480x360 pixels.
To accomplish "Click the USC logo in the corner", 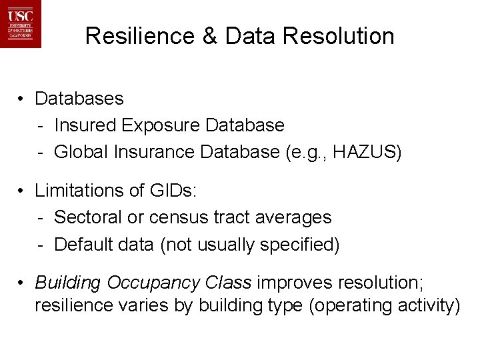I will click(x=21, y=24).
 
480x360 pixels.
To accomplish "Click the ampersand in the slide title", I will click(x=209, y=36).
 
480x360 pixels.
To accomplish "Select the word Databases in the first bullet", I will click(x=79, y=99).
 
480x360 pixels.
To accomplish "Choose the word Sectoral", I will click(x=87, y=217).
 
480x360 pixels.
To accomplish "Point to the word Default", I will click(x=83, y=245).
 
